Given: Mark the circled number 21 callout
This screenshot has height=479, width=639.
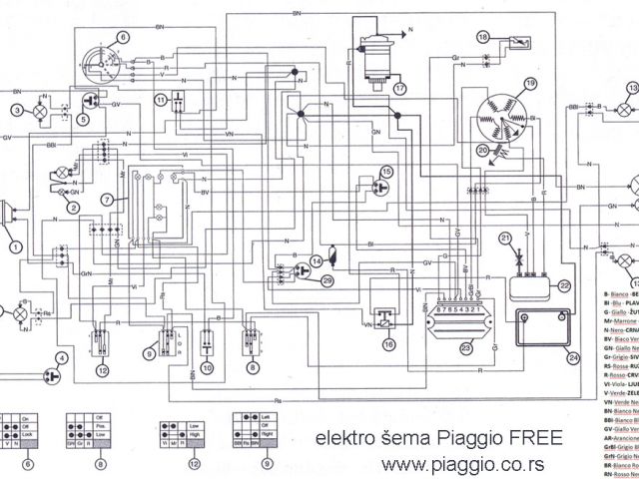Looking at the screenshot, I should pyautogui.click(x=506, y=237).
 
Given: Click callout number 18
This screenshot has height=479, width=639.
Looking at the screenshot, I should pyautogui.click(x=483, y=36).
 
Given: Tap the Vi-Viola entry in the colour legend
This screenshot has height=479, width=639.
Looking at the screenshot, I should pyautogui.click(x=619, y=378).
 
